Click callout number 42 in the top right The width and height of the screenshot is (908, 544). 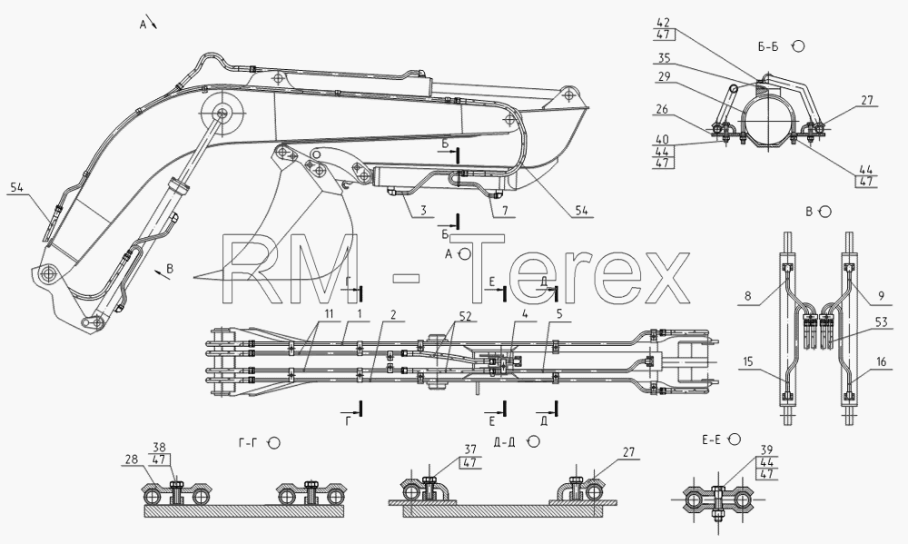tap(663, 24)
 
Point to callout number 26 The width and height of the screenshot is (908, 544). tap(662, 109)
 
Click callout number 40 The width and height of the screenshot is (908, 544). tap(663, 140)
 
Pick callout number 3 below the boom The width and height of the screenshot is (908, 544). tap(423, 211)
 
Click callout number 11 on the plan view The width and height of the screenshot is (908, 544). tap(330, 314)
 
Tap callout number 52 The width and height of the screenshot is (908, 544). tap(465, 316)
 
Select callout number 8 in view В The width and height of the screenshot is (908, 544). tap(747, 295)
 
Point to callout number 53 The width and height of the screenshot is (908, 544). tap(882, 322)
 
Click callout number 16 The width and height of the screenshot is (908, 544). tap(882, 362)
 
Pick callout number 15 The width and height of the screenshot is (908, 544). tap(747, 362)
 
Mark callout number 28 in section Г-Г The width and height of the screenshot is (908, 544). tap(131, 460)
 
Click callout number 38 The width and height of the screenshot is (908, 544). tap(159, 447)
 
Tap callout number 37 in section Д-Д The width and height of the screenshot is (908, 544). tap(469, 450)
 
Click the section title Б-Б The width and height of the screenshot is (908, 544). tap(768, 47)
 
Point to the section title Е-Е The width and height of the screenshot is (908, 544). tap(711, 440)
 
